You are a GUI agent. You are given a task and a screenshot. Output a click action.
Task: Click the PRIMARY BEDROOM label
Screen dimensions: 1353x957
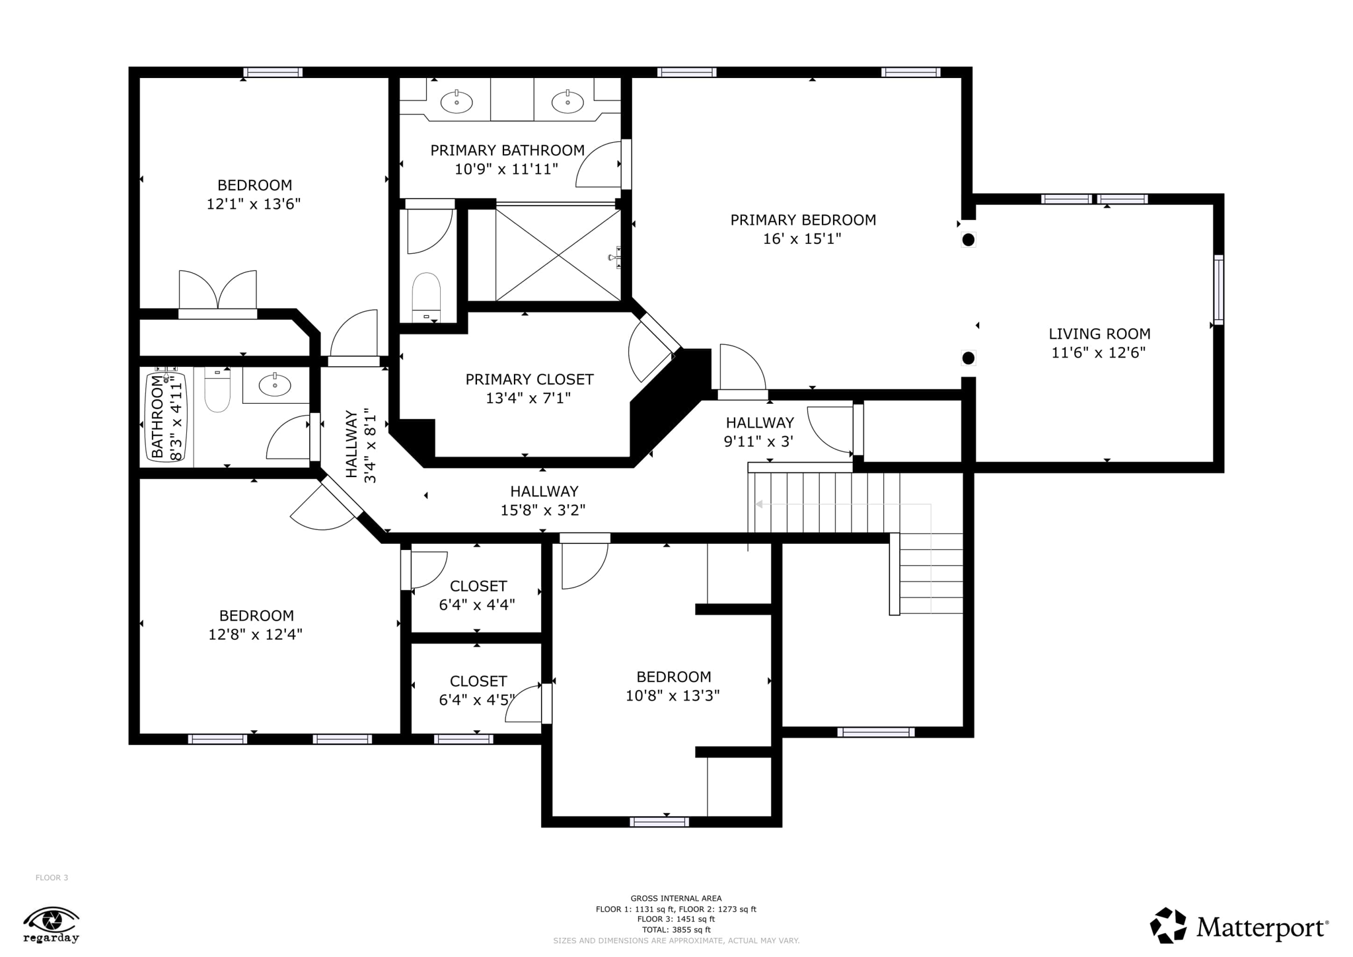803,220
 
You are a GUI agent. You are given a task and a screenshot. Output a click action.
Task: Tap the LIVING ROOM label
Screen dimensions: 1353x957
1099,334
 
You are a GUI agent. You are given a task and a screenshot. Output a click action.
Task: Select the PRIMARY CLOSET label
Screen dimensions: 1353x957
529,379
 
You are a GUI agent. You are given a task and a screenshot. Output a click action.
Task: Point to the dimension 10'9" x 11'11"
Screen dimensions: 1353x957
506,169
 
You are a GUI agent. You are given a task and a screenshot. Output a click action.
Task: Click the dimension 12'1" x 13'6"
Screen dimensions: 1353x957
254,204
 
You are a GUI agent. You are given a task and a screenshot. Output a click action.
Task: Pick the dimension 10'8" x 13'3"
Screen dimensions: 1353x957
673,695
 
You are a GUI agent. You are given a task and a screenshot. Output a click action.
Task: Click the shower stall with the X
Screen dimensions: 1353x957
558,254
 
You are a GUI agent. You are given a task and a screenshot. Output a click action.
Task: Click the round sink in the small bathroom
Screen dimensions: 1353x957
274,385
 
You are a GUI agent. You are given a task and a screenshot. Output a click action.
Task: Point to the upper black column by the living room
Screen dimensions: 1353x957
968,240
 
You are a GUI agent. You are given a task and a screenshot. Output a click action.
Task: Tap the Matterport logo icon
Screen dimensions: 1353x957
1168,925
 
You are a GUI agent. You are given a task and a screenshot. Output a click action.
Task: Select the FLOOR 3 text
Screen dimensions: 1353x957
52,878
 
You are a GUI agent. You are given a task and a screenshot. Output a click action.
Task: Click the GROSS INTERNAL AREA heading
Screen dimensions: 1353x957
676,898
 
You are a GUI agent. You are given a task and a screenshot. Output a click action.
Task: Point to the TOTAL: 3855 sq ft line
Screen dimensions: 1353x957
676,930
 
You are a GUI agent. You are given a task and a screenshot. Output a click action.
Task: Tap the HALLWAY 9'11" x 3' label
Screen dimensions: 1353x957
759,432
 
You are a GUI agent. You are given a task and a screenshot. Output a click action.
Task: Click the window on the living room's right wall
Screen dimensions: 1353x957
1219,290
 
